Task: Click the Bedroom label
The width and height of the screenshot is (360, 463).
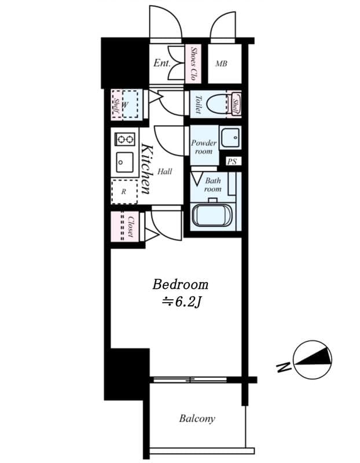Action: [x=180, y=285]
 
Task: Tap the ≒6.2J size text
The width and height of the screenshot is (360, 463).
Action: [x=180, y=302]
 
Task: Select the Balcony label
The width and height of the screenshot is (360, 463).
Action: [x=197, y=418]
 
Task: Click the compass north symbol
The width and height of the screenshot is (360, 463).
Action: [x=313, y=359]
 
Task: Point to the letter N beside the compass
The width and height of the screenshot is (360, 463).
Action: [x=283, y=367]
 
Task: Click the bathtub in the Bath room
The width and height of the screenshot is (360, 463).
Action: [x=212, y=216]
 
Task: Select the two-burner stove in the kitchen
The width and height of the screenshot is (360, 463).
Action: [x=124, y=139]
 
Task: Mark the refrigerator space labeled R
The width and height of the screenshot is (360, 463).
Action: [x=124, y=191]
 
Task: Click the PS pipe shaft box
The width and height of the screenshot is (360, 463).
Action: [x=232, y=161]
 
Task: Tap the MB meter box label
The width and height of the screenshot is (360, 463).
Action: [x=221, y=64]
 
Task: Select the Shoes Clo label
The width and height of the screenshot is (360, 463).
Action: [x=193, y=63]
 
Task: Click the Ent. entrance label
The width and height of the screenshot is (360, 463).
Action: [x=162, y=63]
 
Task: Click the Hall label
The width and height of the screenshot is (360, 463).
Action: [x=164, y=172]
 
